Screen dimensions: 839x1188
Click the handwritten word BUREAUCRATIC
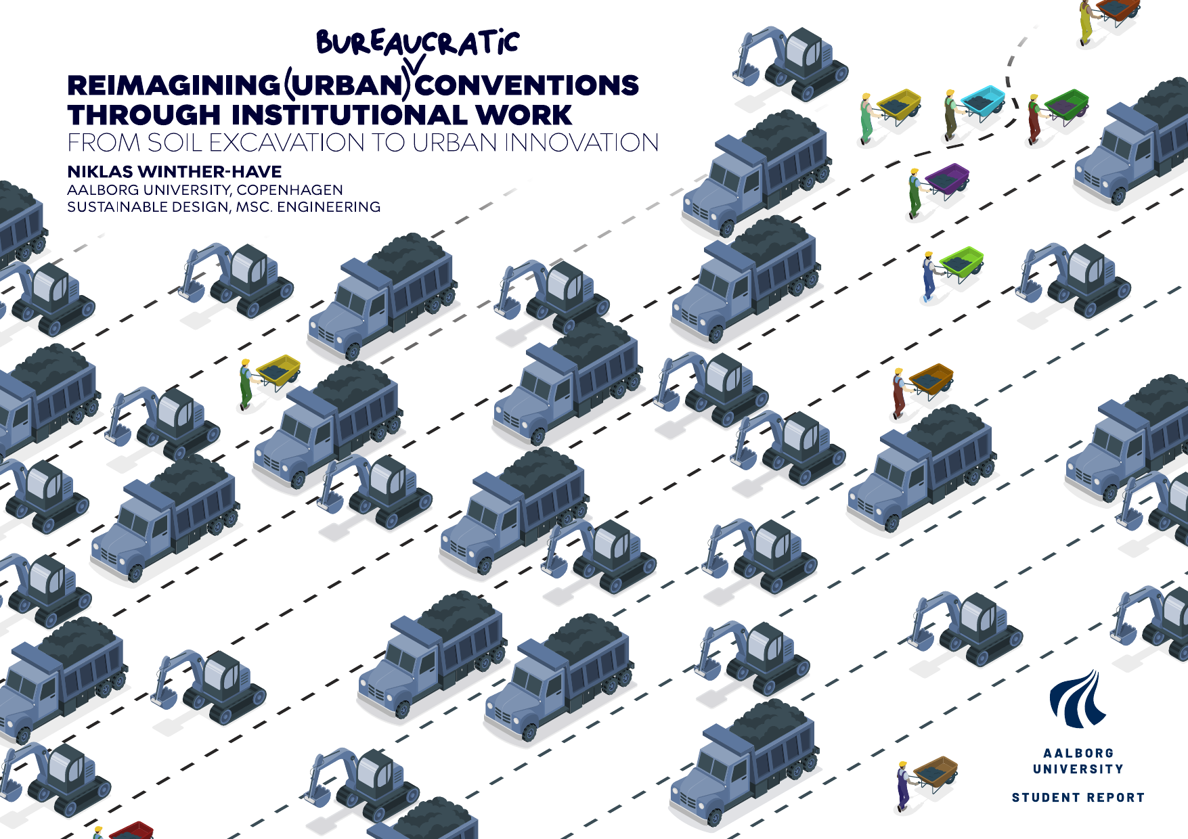tap(417, 43)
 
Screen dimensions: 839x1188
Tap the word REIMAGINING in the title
tap(173, 85)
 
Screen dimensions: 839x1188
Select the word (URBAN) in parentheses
tap(347, 85)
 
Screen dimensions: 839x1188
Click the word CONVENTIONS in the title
tap(527, 85)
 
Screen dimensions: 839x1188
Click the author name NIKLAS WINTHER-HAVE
tap(175, 172)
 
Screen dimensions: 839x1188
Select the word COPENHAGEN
tap(290, 190)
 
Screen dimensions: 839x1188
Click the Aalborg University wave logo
tap(1078, 698)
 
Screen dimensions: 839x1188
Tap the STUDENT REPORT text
tap(1078, 798)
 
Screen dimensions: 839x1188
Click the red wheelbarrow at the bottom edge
tap(131, 830)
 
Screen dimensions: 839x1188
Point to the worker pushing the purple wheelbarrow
tap(915, 194)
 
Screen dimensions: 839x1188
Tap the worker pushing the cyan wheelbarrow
tap(951, 114)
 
